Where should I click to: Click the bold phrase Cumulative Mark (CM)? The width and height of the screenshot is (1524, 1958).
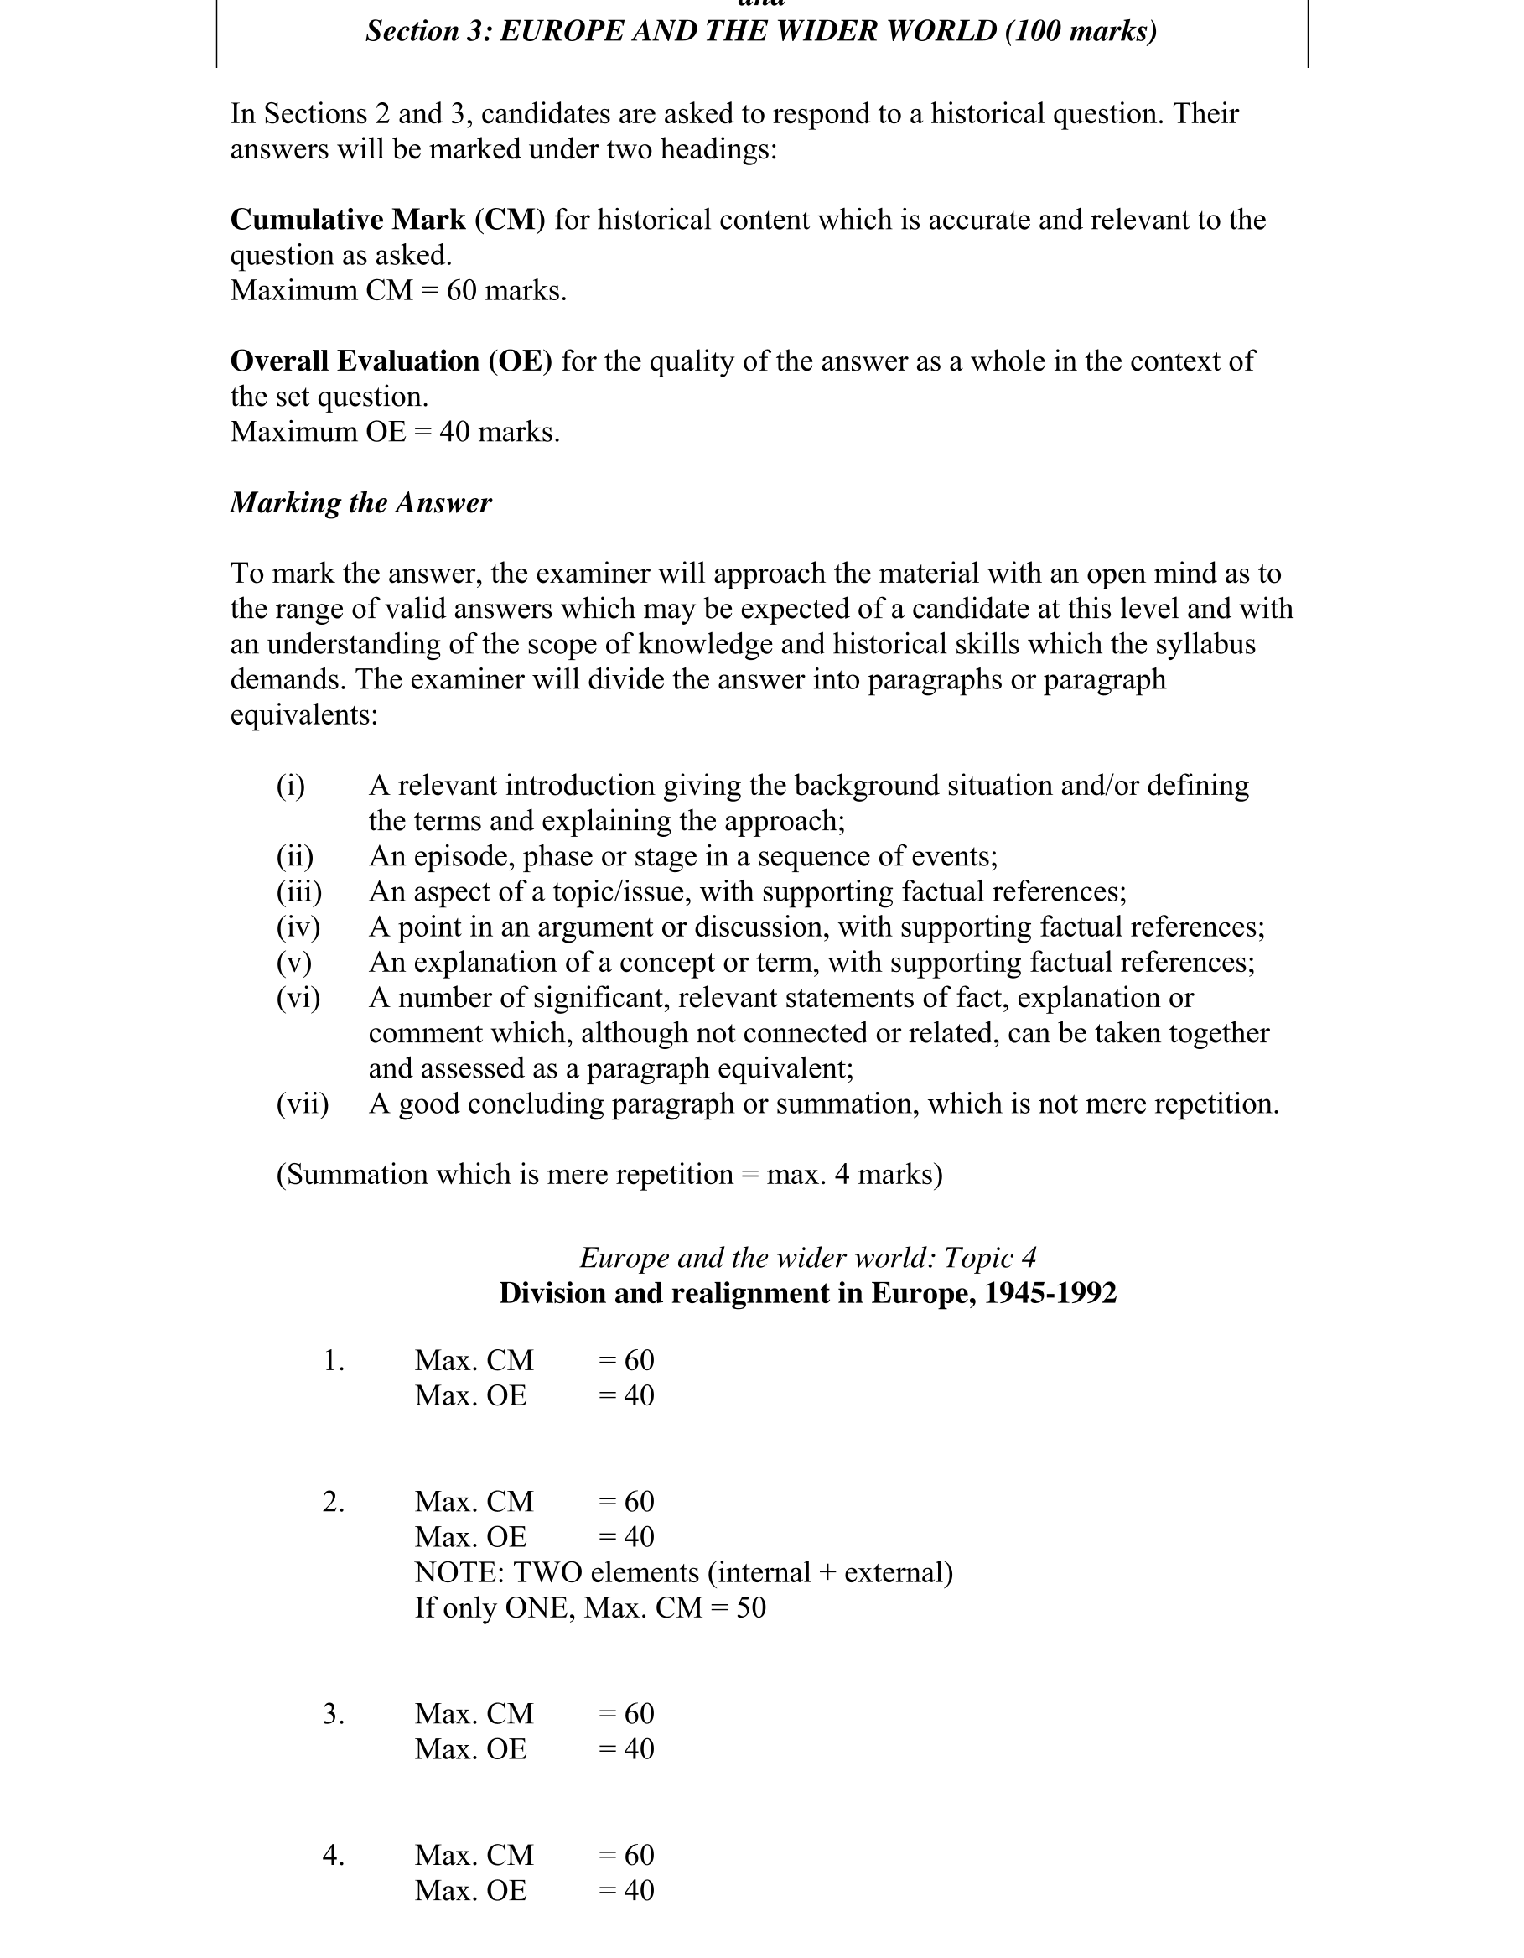[x=387, y=220]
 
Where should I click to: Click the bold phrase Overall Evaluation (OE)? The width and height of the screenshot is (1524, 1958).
[x=391, y=361]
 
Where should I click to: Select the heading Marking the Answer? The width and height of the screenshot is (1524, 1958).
[x=360, y=503]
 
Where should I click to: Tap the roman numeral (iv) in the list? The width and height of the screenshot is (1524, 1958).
[x=298, y=927]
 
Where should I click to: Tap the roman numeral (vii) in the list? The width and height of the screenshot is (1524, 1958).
[x=302, y=1104]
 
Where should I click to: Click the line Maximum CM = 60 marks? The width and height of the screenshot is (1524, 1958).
[x=398, y=290]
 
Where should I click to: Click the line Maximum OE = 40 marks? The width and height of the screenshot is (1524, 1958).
[x=395, y=432]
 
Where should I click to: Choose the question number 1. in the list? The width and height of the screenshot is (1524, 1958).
[x=334, y=1361]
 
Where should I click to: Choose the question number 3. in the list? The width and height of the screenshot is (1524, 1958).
[x=334, y=1714]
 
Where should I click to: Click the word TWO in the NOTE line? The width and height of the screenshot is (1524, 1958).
[x=547, y=1572]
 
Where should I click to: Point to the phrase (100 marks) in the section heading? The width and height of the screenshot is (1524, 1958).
[x=1081, y=31]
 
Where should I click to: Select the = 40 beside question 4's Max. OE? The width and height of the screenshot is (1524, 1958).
[x=625, y=1891]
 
